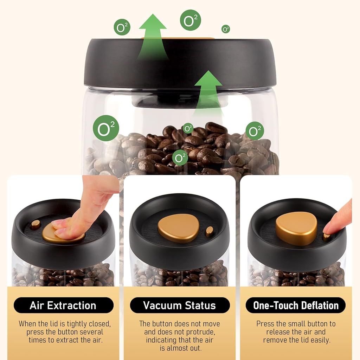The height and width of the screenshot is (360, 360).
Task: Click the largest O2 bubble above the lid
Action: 190,20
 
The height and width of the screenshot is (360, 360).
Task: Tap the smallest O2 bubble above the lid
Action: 226,29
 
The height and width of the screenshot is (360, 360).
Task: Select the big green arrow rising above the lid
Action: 152,37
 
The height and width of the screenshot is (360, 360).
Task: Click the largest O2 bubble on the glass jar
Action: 106,128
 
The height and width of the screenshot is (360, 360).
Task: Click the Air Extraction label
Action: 63,305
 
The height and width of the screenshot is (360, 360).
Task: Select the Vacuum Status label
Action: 180,305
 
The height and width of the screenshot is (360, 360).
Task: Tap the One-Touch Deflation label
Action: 296,305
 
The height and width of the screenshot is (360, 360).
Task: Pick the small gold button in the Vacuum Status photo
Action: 209,231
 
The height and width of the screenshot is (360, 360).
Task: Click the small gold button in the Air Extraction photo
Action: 35,224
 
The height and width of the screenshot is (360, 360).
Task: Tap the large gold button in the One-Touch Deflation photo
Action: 296,228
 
